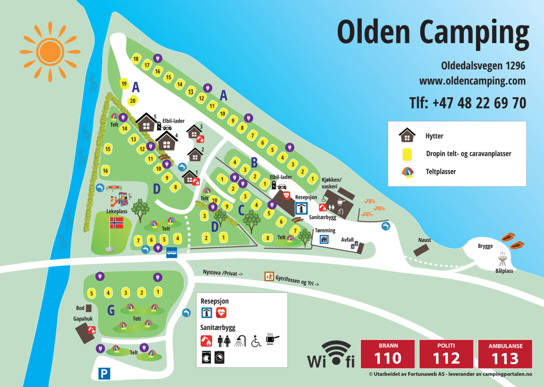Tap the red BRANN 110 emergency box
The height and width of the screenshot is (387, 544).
pyautogui.click(x=387, y=354)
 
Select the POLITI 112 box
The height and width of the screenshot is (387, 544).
pyautogui.click(x=446, y=354)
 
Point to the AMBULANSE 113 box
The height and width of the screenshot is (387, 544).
pyautogui.click(x=504, y=354)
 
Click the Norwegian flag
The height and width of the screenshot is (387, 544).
pyautogui.click(x=116, y=223)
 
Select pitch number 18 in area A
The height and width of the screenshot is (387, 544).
pyautogui.click(x=136, y=59)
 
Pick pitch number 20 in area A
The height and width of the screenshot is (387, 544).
pyautogui.click(x=133, y=100)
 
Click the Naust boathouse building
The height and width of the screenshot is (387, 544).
pyautogui.click(x=422, y=250)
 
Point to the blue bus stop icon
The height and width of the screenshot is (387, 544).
pyautogui.click(x=172, y=252)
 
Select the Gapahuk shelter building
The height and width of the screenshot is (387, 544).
pyautogui.click(x=85, y=333)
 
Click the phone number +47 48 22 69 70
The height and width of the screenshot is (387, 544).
pyautogui.click(x=467, y=103)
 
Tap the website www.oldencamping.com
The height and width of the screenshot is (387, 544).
pyautogui.click(x=472, y=81)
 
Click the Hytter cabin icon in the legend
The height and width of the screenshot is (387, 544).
pyautogui.click(x=407, y=135)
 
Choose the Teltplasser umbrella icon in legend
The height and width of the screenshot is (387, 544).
pyautogui.click(x=407, y=172)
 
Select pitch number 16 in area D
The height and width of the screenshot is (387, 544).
pyautogui.click(x=106, y=171)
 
